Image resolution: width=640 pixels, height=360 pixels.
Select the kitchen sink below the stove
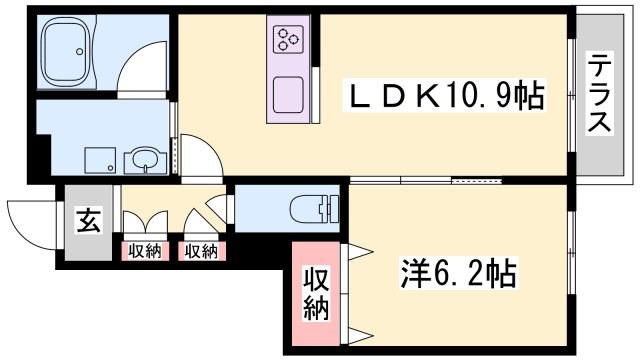coord(289,95)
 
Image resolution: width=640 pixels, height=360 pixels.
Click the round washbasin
coord(143,158)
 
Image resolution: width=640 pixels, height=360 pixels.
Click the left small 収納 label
coord(143,251)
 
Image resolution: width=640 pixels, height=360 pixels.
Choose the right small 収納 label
coord(201,251)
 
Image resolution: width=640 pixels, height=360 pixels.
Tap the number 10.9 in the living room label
coord(480,97)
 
